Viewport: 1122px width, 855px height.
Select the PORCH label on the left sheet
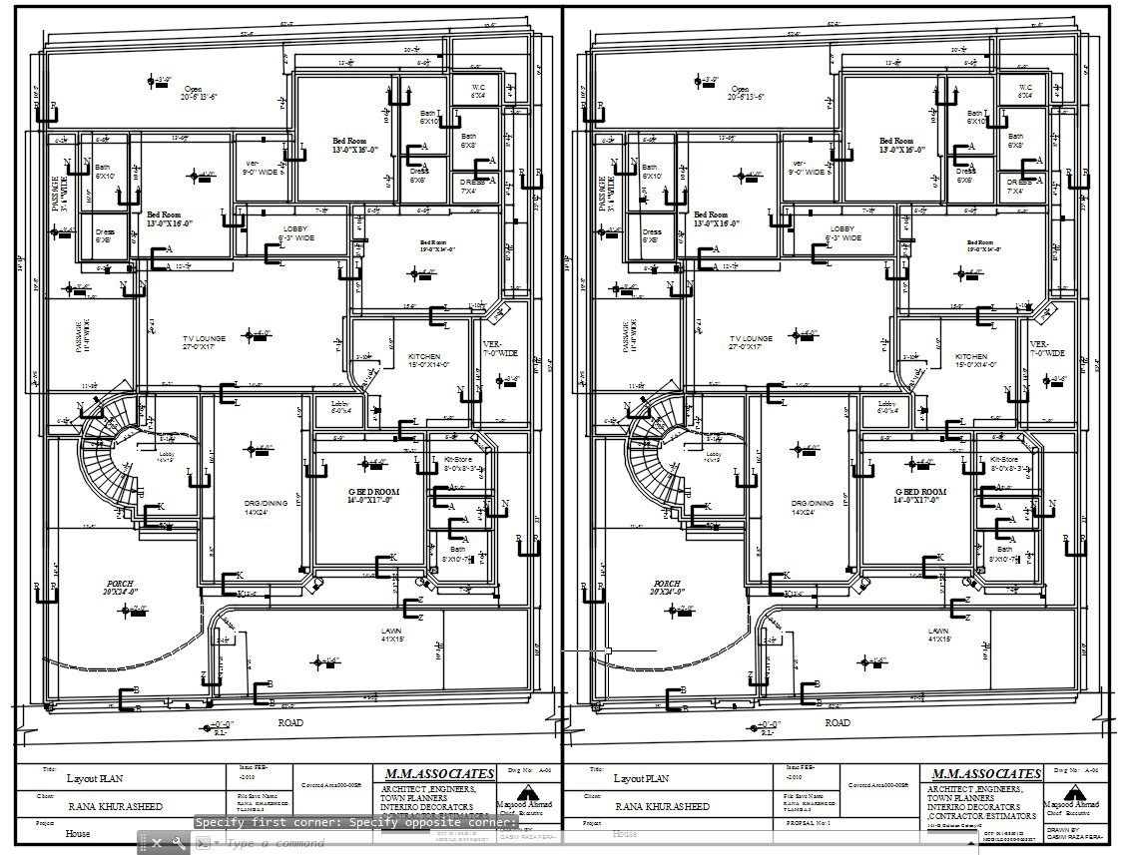(120, 584)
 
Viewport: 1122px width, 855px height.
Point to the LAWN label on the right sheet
(938, 632)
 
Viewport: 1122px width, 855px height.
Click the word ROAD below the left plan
(290, 722)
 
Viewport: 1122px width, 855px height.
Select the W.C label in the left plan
(478, 88)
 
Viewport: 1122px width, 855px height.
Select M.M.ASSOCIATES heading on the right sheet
(985, 774)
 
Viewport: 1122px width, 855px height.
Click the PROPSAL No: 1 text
(810, 824)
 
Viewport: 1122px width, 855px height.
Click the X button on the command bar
(156, 843)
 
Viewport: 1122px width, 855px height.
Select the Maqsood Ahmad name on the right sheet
(1071, 804)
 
